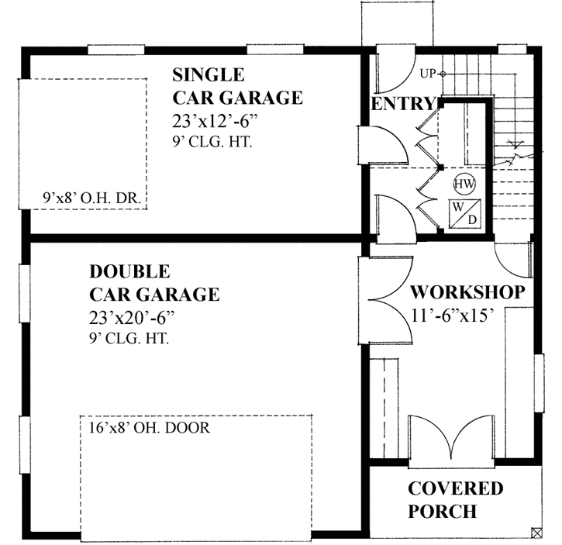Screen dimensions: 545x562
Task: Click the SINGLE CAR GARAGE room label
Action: coord(236,86)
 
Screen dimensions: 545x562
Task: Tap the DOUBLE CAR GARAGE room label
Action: coord(153,283)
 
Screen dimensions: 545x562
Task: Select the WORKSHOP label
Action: coord(467,292)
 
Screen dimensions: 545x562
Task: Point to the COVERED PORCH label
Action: coord(455,500)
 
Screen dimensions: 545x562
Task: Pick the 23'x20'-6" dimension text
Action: coord(132,318)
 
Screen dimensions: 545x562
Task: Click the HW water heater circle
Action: coord(464,184)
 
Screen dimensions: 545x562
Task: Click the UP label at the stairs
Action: coord(427,74)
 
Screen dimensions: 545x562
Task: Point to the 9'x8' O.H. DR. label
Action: coord(91,198)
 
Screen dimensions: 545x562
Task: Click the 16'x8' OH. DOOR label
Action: coord(150,427)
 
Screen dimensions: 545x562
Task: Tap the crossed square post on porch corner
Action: coord(536,532)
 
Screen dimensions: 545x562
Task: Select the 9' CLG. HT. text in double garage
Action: coord(129,339)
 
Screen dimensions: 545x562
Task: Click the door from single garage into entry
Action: coord(381,147)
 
